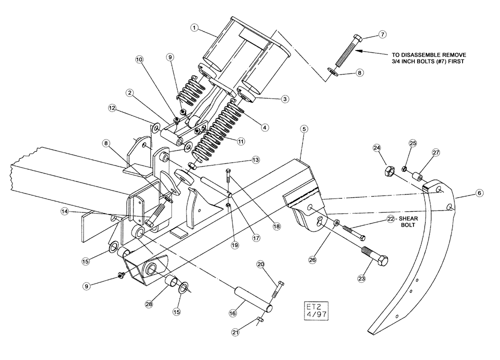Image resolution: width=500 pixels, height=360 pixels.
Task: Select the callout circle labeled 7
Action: (382, 34)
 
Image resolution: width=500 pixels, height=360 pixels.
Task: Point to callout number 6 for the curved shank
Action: (478, 193)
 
